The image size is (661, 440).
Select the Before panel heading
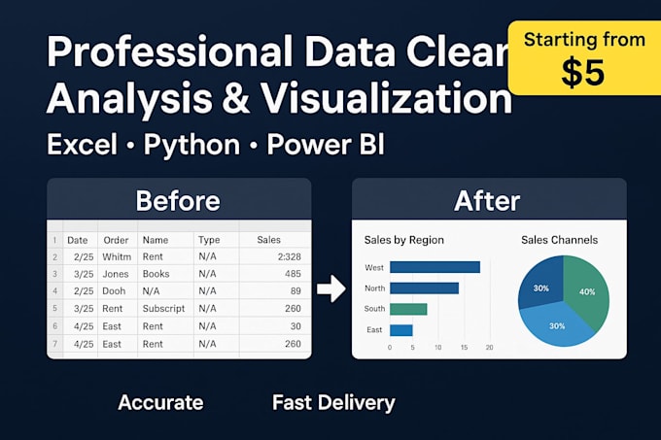click(x=178, y=200)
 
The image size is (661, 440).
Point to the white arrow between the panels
click(x=331, y=288)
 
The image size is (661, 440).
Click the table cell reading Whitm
click(x=117, y=256)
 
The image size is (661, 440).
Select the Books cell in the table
click(x=156, y=274)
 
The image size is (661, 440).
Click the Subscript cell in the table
click(x=164, y=309)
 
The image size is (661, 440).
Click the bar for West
click(x=435, y=267)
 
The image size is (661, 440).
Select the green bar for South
click(x=408, y=309)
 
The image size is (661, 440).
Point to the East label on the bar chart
click(x=374, y=330)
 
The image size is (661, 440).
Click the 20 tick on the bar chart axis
click(x=490, y=347)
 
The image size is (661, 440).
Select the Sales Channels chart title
click(x=559, y=239)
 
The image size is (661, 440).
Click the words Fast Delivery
click(x=333, y=402)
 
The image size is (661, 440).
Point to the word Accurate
click(x=160, y=402)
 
